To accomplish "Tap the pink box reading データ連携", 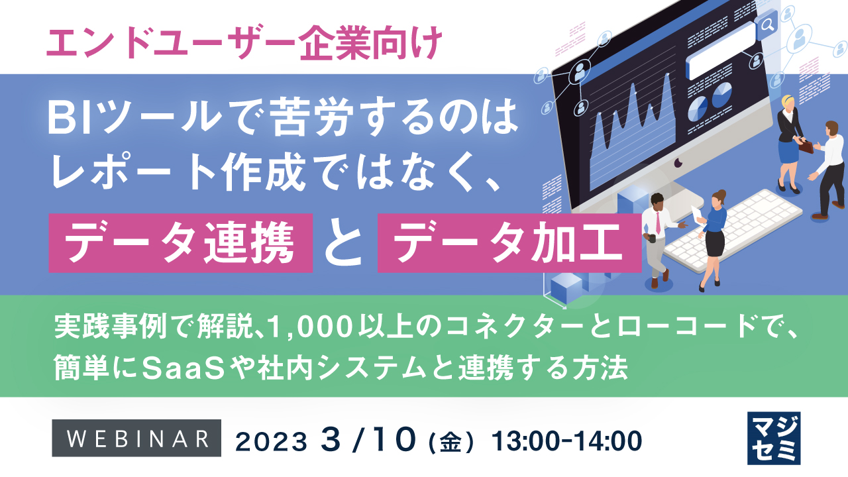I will point(180,242).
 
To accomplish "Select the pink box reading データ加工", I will point(509,242).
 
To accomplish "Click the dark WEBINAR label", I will point(136,439).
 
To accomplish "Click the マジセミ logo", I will point(773,438).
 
